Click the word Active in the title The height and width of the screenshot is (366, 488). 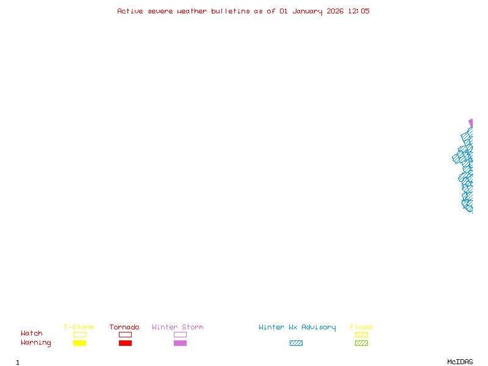coord(131,11)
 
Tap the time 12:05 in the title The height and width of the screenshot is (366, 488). coord(359,11)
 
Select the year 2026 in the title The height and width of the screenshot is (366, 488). coord(335,11)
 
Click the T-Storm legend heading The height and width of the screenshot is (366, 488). coord(79,328)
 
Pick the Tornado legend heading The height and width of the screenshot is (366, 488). coord(124,328)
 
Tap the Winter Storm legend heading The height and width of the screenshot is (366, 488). coord(178,328)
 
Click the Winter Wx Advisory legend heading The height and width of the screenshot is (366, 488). coord(297,328)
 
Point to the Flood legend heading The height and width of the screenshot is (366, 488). coord(361,328)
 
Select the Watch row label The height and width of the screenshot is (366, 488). coord(32,334)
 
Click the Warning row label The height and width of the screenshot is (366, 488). coord(36,343)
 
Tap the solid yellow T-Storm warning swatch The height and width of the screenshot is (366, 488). coord(79,343)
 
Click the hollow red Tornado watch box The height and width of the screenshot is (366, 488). coord(125,334)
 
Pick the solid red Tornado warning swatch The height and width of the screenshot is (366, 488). coord(125,343)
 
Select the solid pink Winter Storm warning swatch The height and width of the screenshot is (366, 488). coord(180,343)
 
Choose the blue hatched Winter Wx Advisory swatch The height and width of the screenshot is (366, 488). coord(296,343)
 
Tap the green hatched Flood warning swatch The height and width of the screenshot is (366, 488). coord(361,343)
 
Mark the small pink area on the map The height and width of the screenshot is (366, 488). coord(470,123)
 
